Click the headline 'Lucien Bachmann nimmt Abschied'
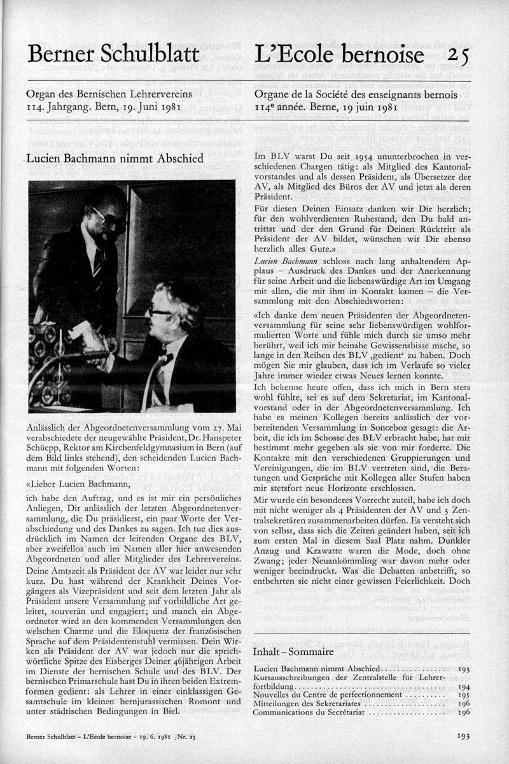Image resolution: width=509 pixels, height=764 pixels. pos(118,159)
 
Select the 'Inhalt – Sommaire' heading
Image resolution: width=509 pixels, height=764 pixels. pos(293,652)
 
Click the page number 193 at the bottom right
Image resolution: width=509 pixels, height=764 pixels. pos(463,737)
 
